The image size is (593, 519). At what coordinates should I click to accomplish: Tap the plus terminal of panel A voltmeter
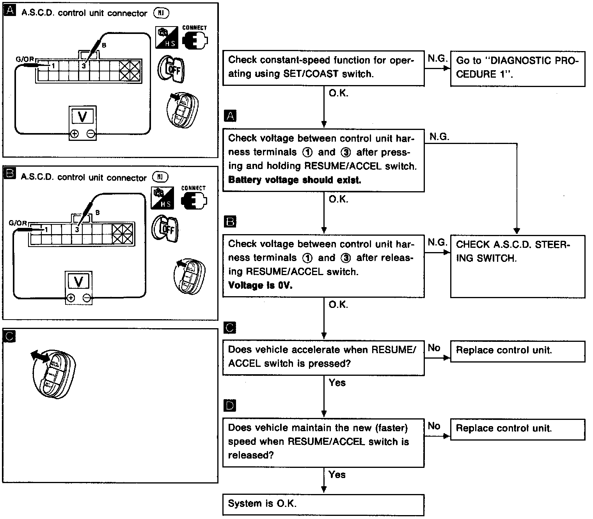coord(74,134)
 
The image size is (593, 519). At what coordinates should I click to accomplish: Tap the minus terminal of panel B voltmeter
coord(87,299)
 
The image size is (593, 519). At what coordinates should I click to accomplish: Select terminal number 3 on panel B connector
coord(77,230)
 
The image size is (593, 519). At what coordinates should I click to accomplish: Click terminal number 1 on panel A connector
coord(53,66)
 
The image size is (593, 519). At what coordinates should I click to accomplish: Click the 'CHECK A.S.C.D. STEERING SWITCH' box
coord(517,266)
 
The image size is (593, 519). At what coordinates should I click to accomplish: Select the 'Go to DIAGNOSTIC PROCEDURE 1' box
coord(517,68)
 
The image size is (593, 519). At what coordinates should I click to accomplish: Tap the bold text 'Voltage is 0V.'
coord(260,285)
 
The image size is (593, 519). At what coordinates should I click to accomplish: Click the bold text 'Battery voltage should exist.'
coord(295,180)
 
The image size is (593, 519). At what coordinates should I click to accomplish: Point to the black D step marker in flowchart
coord(231,406)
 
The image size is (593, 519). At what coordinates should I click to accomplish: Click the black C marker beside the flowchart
coord(231,327)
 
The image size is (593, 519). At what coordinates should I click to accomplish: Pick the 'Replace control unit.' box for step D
coord(517,429)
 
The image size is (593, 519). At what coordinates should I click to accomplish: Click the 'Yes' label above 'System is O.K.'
coord(337,475)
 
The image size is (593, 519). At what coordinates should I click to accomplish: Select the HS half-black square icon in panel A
coord(167,37)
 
